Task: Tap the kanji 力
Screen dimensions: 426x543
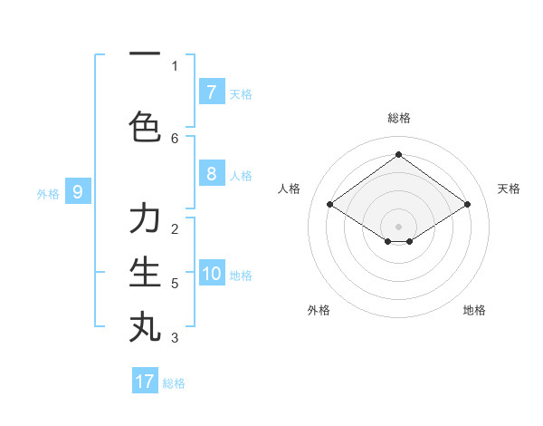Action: click(x=145, y=220)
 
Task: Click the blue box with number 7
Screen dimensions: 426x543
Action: click(x=211, y=92)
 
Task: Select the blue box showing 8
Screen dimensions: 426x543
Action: click(x=211, y=175)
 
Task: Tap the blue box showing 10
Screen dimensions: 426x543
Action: click(x=212, y=275)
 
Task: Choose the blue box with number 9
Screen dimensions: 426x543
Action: click(x=78, y=192)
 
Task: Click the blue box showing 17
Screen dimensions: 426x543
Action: click(x=145, y=382)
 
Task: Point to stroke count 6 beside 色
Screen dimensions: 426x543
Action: click(x=175, y=138)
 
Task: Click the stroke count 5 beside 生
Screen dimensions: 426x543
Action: click(x=175, y=284)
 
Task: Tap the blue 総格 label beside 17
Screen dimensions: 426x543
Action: click(x=174, y=383)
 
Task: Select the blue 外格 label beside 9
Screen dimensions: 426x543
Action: click(x=48, y=193)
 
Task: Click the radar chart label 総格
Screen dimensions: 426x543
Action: click(x=398, y=118)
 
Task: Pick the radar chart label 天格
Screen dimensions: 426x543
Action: click(x=509, y=189)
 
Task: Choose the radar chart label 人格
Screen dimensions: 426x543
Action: click(x=289, y=189)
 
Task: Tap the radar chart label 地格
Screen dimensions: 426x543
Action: click(x=474, y=310)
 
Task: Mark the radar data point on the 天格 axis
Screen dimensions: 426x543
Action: click(x=467, y=205)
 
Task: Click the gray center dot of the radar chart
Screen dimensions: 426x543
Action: click(x=398, y=226)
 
